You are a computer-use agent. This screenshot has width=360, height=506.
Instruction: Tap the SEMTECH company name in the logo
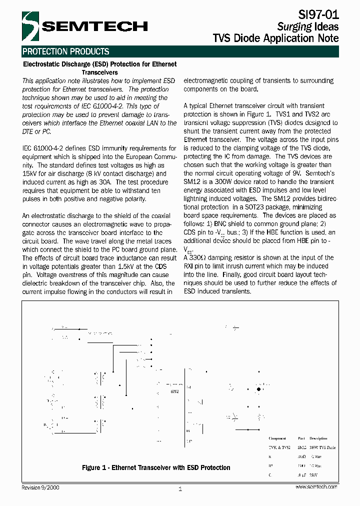click(x=94, y=26)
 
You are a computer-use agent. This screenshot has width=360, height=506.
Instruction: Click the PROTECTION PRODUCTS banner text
click(x=66, y=51)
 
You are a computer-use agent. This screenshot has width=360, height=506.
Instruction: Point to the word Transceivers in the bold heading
click(x=99, y=72)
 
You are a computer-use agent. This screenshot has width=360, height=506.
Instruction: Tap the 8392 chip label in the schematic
click(x=174, y=391)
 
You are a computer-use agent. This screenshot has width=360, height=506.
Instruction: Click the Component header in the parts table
click(x=277, y=438)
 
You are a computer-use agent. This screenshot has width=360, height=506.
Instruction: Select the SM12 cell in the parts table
click(x=301, y=447)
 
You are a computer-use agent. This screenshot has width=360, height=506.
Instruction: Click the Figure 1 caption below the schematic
click(x=156, y=468)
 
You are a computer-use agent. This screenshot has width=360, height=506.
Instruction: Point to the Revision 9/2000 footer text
click(x=40, y=487)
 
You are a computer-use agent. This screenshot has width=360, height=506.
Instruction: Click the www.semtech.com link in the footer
click(x=316, y=487)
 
